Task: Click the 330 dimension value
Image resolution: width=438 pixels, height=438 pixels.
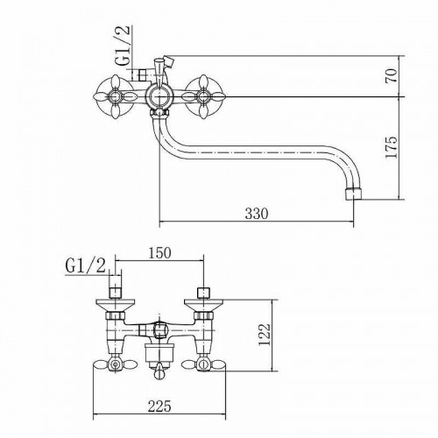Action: point(256,214)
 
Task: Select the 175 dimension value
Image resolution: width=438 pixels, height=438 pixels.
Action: point(392,147)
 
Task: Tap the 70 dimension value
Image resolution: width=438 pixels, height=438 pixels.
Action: point(392,75)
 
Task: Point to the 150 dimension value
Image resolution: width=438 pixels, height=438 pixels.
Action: point(159,253)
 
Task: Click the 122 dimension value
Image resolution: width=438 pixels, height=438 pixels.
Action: point(265,335)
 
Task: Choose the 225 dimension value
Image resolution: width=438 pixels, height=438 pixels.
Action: point(159,406)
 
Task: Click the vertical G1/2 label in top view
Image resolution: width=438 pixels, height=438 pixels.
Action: point(122,46)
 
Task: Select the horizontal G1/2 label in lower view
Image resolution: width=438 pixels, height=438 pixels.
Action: point(86,266)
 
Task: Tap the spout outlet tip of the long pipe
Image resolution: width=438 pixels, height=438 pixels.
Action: point(353,194)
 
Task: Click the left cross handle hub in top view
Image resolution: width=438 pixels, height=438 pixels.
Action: point(115,96)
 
